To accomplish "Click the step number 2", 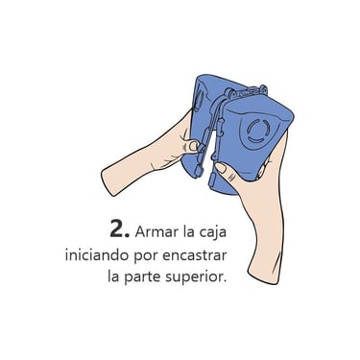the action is [x=119, y=228].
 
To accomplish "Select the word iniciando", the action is [x=97, y=255].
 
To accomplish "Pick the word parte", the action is [x=142, y=276].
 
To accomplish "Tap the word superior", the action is [x=196, y=276].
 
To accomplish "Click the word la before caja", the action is [x=189, y=230].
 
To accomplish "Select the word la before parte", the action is [x=113, y=276].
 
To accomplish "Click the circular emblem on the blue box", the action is [x=257, y=131].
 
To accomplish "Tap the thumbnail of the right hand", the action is [x=221, y=168].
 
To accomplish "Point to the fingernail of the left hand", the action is [x=193, y=146].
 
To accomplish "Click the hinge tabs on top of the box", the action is [x=247, y=91].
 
